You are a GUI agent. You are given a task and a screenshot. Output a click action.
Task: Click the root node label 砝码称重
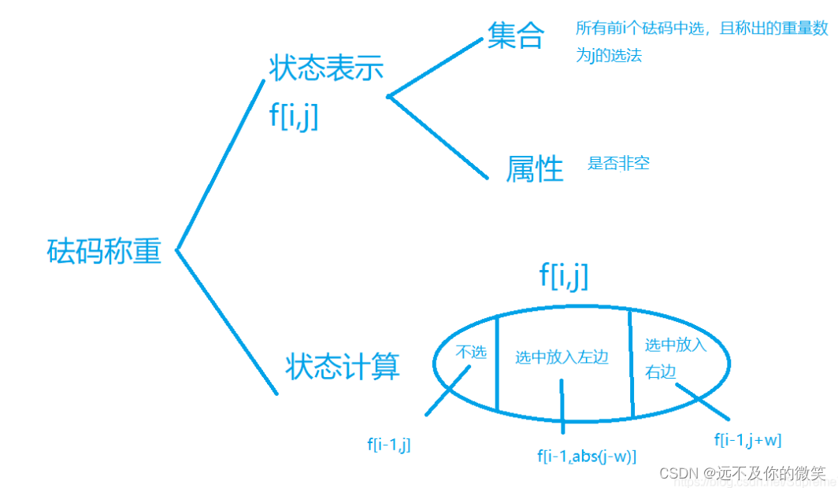(104, 251)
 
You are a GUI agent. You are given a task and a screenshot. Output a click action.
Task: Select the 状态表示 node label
(326, 68)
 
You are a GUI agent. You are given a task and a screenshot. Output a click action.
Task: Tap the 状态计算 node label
(343, 367)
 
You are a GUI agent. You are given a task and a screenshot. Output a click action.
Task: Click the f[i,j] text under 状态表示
(294, 116)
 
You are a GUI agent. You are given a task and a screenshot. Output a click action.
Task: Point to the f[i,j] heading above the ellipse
(564, 275)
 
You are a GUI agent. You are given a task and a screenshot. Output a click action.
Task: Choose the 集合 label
(516, 35)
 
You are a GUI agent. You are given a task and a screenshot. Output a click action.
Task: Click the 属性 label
(536, 168)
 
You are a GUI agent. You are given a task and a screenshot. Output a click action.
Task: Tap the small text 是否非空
(618, 164)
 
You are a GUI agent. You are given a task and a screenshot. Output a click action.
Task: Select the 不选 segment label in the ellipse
(472, 352)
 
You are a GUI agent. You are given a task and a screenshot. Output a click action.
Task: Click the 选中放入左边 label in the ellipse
(562, 358)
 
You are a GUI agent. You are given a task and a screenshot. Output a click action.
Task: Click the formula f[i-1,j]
(389, 445)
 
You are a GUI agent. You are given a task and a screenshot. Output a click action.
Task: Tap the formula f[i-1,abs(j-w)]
(587, 456)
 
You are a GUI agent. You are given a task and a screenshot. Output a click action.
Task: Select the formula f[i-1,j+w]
(747, 439)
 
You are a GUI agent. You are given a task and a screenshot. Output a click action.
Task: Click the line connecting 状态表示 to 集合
(435, 68)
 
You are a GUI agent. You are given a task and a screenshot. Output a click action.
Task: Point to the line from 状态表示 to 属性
(439, 137)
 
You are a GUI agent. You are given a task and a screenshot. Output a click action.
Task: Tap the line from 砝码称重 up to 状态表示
(221, 165)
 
